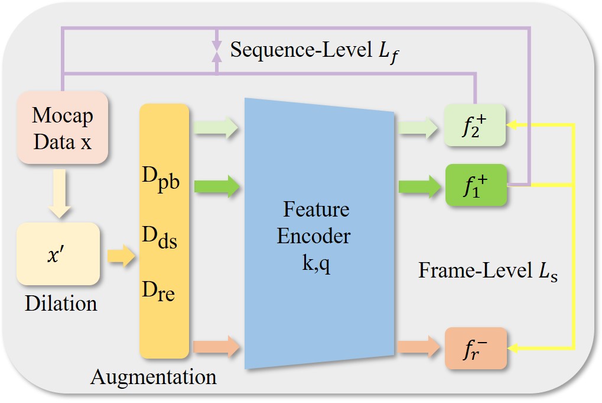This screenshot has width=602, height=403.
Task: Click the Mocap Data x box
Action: tap(62, 128)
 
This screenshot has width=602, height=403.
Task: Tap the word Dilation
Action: tap(61, 304)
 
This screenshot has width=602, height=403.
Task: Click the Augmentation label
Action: tap(154, 376)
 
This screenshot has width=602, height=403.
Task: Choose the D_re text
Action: tap(158, 291)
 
